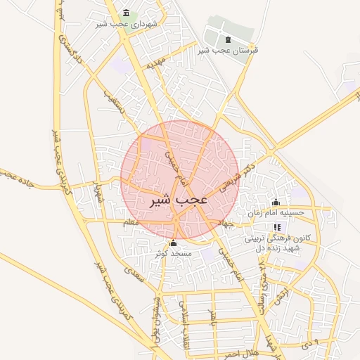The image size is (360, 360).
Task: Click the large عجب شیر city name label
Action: click(x=179, y=200)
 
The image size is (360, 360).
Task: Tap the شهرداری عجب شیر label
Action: click(x=129, y=24)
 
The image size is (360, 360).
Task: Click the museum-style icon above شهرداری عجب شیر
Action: click(x=126, y=13)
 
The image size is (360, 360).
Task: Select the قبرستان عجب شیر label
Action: click(x=228, y=50)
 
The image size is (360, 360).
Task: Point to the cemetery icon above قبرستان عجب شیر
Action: click(x=226, y=38)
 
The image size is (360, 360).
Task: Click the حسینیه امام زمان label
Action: click(x=276, y=212)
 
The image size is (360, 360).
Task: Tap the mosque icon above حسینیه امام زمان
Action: click(x=276, y=202)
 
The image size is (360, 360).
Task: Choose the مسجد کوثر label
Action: click(x=173, y=252)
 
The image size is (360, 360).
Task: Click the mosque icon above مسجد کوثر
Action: click(x=173, y=243)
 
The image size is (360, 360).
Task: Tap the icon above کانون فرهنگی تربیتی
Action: click(x=277, y=227)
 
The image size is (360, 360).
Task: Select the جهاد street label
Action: click(x=226, y=224)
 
